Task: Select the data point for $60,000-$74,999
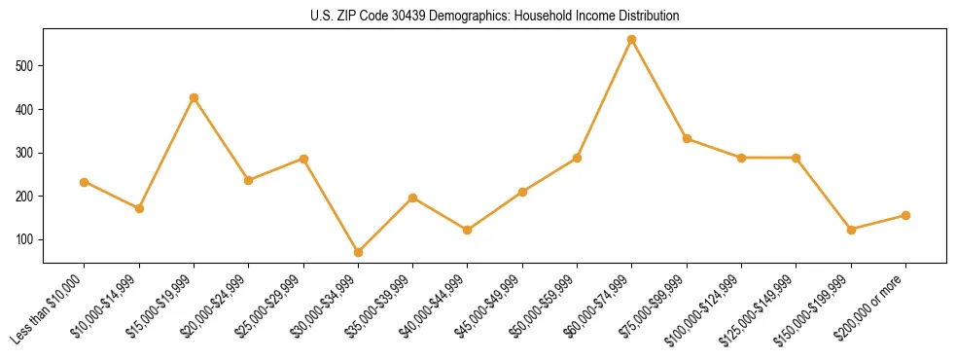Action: click(x=632, y=40)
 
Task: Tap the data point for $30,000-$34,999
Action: click(x=358, y=252)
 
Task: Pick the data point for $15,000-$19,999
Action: click(x=194, y=97)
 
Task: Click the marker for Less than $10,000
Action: click(x=84, y=182)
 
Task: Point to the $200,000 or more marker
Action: click(x=905, y=215)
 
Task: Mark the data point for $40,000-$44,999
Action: click(x=468, y=230)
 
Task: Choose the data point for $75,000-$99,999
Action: click(x=687, y=138)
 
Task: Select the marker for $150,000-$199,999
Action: click(x=851, y=230)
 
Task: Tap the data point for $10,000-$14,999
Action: click(x=139, y=208)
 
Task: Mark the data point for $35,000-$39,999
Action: click(x=412, y=198)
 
